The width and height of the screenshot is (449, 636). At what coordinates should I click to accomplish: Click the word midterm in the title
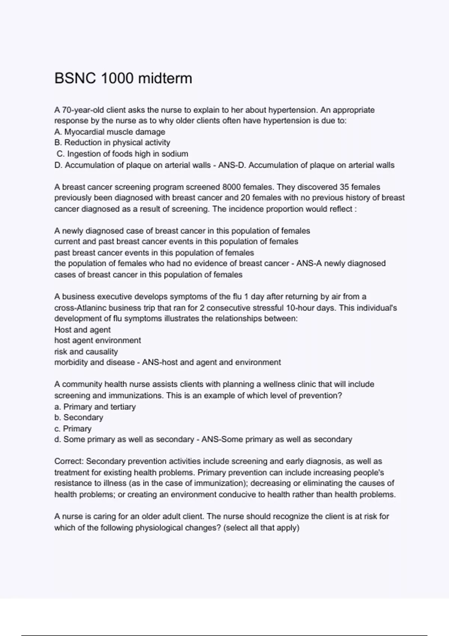coord(165,79)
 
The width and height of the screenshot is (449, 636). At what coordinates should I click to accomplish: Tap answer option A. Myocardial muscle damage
coord(110,132)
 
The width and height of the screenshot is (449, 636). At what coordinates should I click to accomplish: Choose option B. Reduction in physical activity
coord(112,143)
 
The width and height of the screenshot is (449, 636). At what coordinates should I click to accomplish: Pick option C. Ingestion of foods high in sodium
coord(122,154)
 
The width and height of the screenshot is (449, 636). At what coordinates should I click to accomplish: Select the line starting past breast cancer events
coord(154,253)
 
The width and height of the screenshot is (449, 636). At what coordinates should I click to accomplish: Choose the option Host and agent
coord(82,330)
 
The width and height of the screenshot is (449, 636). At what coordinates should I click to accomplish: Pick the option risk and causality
coord(86,352)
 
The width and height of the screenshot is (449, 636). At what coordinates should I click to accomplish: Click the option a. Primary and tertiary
coord(95,407)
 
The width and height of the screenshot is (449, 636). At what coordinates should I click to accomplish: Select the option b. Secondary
coord(79,418)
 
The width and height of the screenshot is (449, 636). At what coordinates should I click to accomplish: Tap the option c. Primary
coord(73,429)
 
